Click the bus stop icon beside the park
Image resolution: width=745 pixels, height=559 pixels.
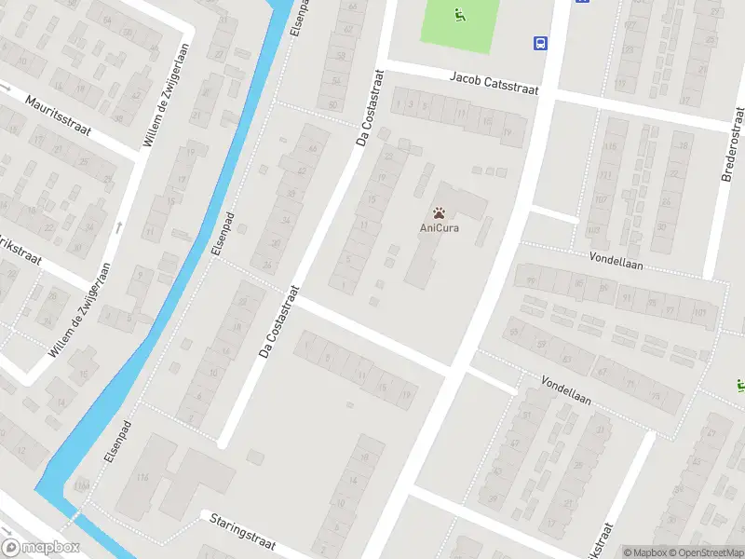pyautogui.click(x=539, y=43)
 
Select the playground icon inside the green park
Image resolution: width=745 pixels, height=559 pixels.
pyautogui.click(x=458, y=14)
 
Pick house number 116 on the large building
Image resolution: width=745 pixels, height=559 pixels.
pyautogui.click(x=142, y=478)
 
